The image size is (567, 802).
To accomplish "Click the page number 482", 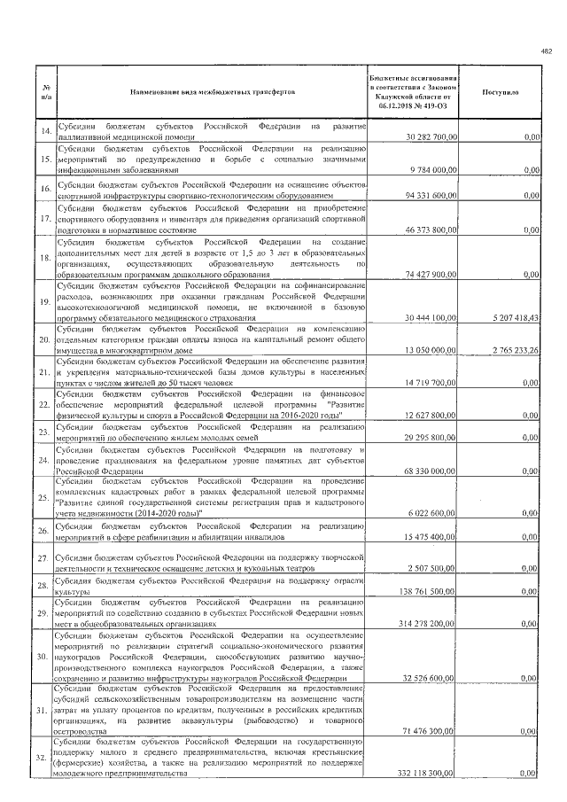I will [x=546, y=51].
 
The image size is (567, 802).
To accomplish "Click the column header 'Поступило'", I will [x=501, y=91].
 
